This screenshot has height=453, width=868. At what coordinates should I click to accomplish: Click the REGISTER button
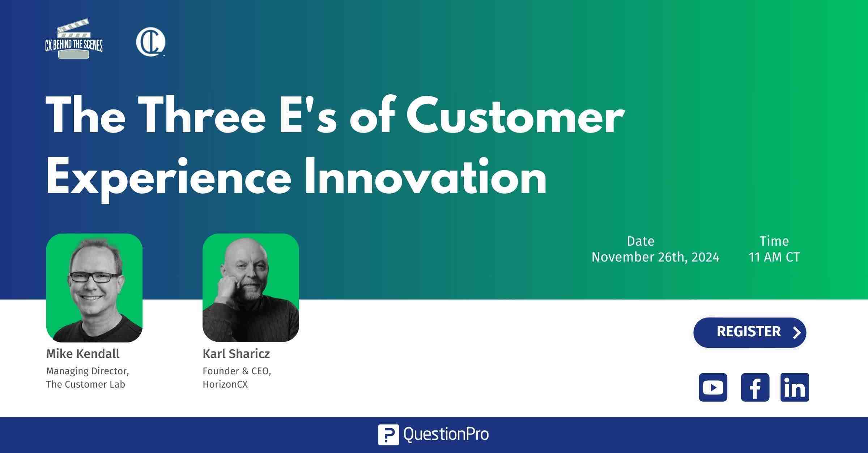(x=750, y=332)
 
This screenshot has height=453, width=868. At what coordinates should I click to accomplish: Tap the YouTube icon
(x=713, y=387)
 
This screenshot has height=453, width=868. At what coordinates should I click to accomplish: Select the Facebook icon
(x=755, y=387)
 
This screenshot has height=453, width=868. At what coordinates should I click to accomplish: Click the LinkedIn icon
(x=795, y=387)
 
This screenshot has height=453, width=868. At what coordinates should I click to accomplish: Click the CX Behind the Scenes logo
(x=74, y=39)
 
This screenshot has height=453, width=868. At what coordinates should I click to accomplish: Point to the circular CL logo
(x=150, y=42)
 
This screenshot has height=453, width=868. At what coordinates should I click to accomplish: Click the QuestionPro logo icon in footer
(x=388, y=435)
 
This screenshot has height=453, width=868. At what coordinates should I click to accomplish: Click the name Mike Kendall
(x=83, y=354)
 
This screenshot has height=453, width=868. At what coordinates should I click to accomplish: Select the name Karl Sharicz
(x=236, y=354)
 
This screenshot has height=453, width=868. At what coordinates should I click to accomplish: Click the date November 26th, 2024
(x=655, y=257)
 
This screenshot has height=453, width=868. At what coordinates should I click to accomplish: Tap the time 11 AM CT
(x=774, y=257)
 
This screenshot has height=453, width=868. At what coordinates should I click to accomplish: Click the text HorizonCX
(x=225, y=384)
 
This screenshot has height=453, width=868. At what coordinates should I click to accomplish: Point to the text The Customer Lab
(x=86, y=384)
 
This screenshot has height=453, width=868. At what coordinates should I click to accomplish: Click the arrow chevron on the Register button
(x=796, y=332)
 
